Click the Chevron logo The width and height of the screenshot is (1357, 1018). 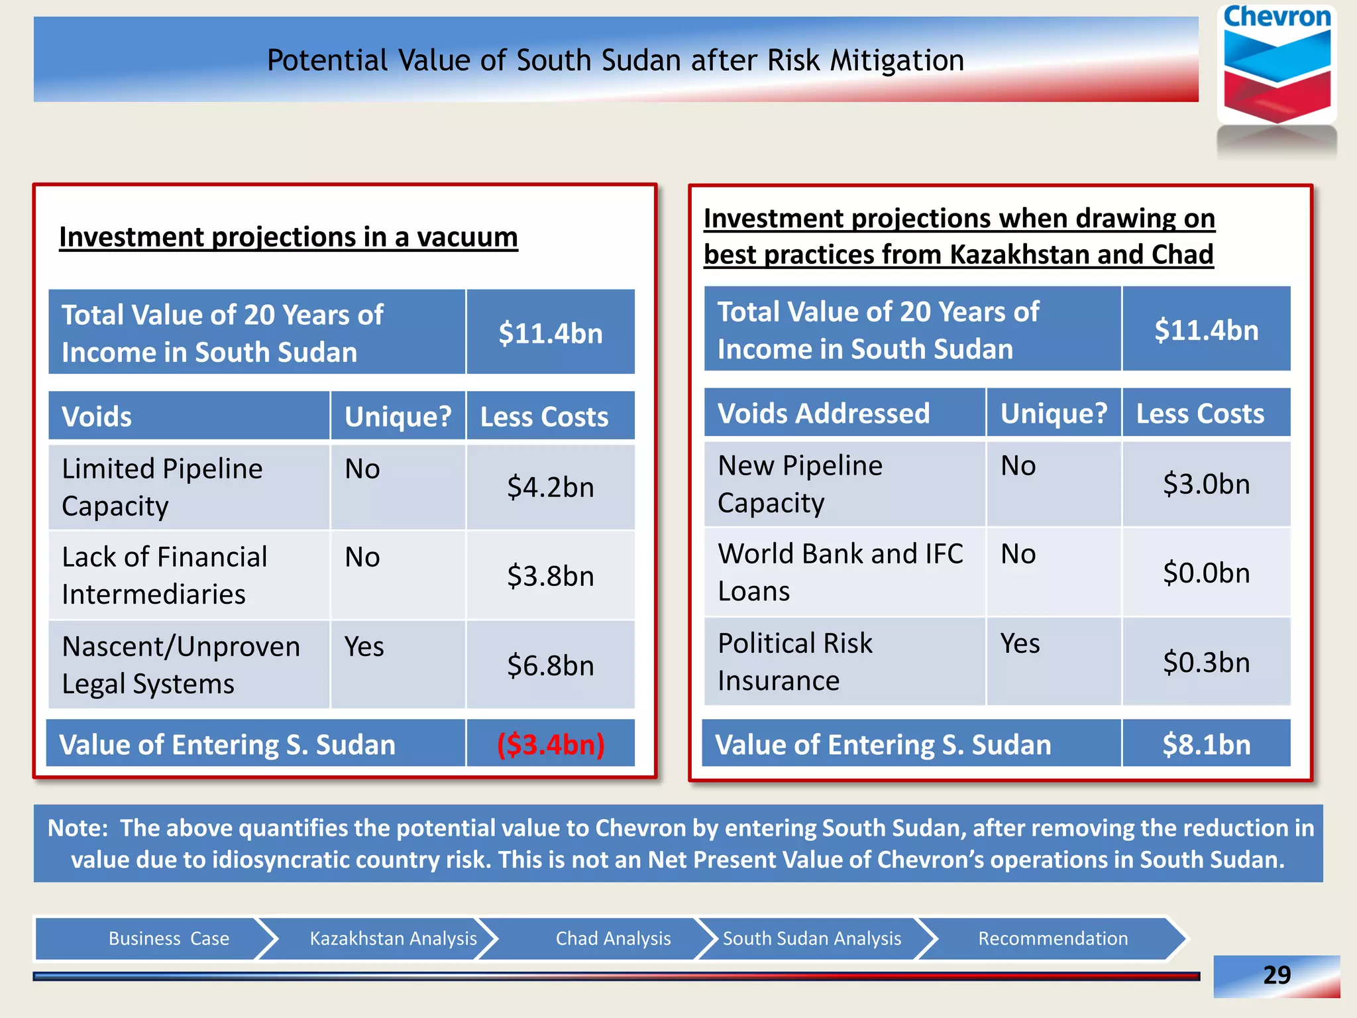point(1276,66)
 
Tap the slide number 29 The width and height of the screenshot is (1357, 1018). point(1276,975)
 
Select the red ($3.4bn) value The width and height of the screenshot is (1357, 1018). point(551,744)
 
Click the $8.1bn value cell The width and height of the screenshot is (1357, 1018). point(1206,744)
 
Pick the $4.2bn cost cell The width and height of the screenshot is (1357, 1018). point(551,487)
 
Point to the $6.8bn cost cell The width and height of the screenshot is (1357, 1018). point(551,665)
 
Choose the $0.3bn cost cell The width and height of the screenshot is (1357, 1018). point(1206,662)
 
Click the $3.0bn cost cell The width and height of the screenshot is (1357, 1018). point(1206,484)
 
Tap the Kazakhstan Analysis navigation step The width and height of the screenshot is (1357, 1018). point(393,938)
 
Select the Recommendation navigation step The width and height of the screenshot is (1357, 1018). point(1053,938)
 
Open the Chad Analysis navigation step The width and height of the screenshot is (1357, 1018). point(613,938)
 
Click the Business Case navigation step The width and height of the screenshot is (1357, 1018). point(169,938)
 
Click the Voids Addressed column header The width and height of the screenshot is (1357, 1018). point(824,414)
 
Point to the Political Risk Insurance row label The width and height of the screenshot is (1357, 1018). point(795,661)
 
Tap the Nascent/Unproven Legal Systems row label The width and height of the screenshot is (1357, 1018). point(180,665)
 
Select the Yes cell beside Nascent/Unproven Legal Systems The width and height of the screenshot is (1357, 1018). point(364,647)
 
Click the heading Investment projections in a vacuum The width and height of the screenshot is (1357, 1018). point(288,237)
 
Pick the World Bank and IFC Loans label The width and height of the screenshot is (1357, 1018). point(840,572)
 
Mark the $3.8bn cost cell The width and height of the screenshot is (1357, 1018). point(551,576)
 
